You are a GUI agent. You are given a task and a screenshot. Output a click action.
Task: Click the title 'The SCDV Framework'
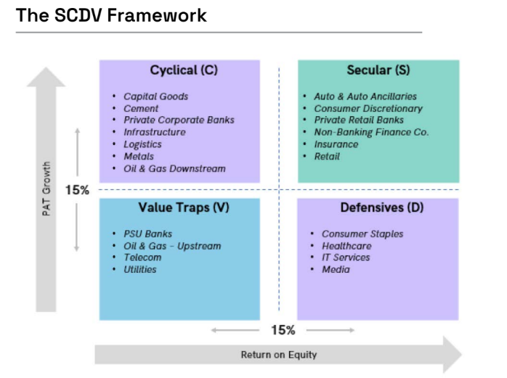[111, 15]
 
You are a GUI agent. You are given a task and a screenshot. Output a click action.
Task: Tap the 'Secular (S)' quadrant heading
[378, 70]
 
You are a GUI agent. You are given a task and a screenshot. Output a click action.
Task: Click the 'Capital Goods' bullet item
[155, 96]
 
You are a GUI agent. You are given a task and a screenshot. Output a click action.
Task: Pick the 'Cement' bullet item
[141, 109]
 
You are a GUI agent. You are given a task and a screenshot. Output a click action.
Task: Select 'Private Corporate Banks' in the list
[179, 120]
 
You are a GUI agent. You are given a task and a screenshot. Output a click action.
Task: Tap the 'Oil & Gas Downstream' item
[174, 168]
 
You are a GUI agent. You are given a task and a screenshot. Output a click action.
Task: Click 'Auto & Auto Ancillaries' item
[365, 96]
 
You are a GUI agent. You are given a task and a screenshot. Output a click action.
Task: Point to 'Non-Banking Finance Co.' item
[371, 132]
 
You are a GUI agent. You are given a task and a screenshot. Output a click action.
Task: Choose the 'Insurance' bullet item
[336, 144]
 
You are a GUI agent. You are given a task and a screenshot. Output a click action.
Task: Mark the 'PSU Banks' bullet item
[147, 234]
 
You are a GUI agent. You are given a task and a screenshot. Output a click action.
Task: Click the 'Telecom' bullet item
[142, 258]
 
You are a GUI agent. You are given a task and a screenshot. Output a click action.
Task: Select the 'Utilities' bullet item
[139, 269]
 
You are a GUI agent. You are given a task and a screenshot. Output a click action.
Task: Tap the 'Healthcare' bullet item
[346, 246]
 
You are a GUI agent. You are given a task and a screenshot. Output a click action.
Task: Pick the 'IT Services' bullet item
[346, 258]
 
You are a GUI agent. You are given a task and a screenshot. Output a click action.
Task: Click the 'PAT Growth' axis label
[46, 190]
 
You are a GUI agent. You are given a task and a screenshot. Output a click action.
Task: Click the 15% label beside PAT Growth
[77, 190]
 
